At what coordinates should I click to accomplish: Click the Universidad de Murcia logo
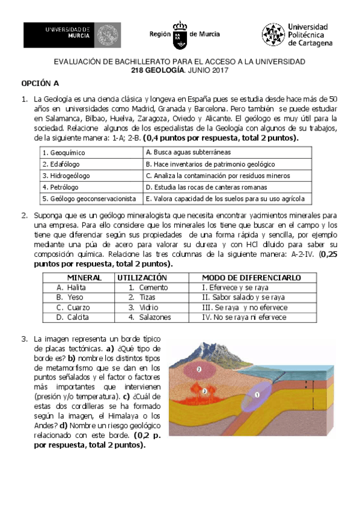(72, 35)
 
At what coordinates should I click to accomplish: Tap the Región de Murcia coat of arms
(180, 35)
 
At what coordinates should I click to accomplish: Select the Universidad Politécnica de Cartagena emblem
(273, 35)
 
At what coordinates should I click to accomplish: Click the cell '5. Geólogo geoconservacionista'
(89, 198)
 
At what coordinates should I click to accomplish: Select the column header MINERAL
(84, 278)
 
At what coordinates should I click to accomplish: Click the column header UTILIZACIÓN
(141, 278)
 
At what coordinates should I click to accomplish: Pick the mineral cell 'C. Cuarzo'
(72, 307)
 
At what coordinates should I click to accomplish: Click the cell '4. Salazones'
(150, 318)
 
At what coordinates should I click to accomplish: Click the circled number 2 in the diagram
(199, 369)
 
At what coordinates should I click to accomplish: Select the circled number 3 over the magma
(205, 391)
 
